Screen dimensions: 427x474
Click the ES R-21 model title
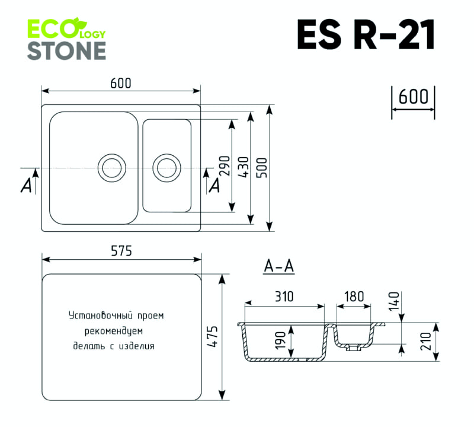point(366,36)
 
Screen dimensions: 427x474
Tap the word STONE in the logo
point(66,50)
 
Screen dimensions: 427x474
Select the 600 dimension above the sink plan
point(121,84)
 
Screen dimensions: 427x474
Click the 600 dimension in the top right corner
point(413,96)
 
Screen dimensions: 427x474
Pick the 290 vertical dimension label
point(223,168)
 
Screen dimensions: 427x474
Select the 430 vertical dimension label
point(242,168)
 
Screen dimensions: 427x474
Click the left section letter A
point(25,186)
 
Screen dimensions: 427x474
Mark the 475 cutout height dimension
point(213,337)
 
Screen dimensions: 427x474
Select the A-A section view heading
point(278,267)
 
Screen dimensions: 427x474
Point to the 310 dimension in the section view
point(284,297)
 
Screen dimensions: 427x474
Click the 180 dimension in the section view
point(354,297)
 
